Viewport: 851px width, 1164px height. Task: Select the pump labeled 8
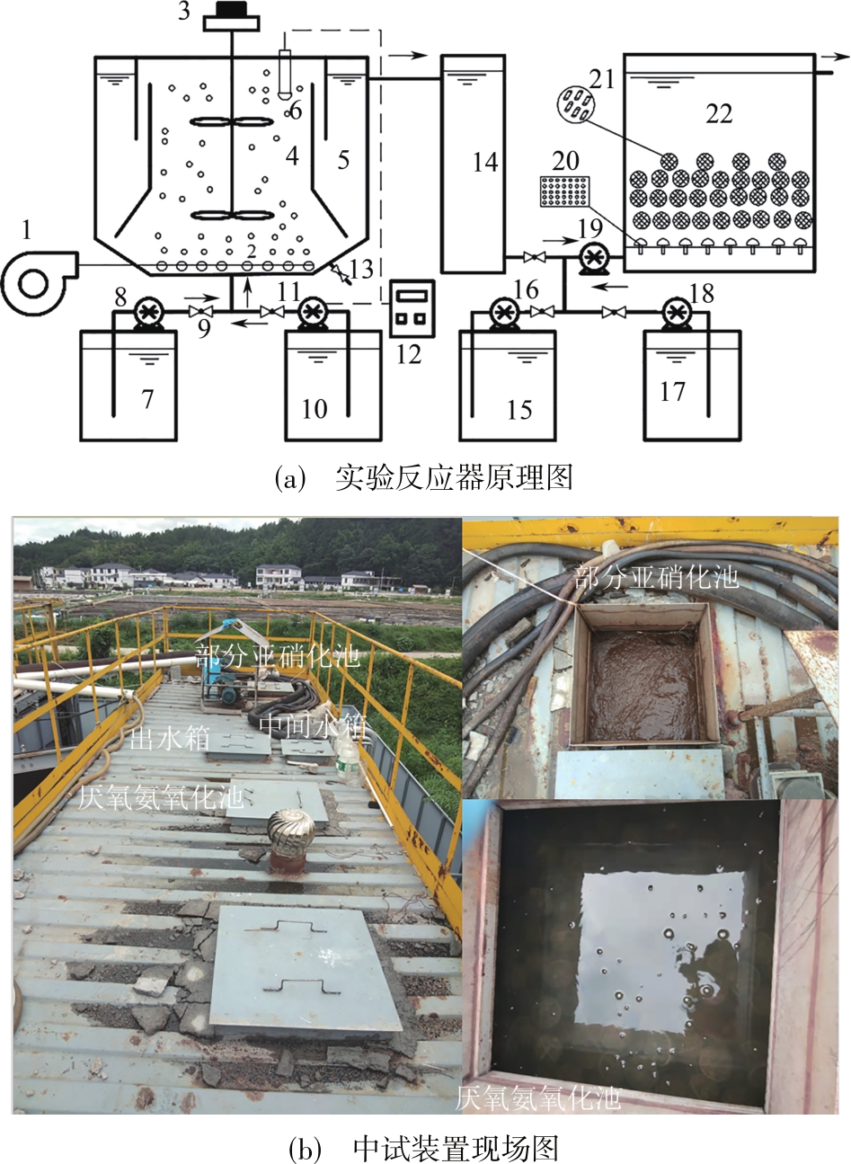click(x=146, y=313)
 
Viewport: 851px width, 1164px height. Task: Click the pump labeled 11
click(x=312, y=312)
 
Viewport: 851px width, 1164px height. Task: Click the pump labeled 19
click(x=592, y=259)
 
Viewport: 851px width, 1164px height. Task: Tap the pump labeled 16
click(x=505, y=313)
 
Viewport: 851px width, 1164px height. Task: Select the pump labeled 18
click(x=676, y=313)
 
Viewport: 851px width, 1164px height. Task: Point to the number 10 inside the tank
click(x=315, y=409)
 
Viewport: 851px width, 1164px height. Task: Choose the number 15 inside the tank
click(x=519, y=409)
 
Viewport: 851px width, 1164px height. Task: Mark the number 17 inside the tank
click(x=672, y=391)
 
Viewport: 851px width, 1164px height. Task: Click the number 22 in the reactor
click(x=719, y=113)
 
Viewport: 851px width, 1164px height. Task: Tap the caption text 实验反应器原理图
click(x=453, y=475)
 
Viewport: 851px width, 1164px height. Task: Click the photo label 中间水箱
click(x=312, y=725)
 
